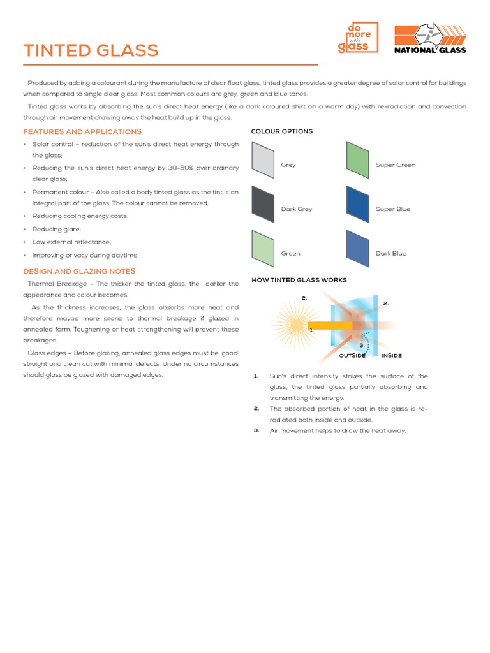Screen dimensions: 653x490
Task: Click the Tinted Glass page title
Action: point(91,51)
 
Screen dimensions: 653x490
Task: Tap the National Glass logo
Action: point(430,40)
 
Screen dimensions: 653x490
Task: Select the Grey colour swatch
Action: point(262,159)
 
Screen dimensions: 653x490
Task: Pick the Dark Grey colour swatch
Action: point(262,203)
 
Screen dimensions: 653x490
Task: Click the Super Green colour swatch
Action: point(357,159)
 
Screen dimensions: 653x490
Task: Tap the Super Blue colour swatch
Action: point(357,203)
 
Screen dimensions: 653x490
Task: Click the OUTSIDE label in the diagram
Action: point(352,356)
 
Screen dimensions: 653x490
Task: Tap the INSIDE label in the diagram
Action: point(391,356)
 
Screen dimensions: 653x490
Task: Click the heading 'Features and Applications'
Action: point(82,131)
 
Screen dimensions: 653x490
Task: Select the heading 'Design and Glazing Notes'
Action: point(79,272)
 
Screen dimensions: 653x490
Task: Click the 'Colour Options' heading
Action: point(281,131)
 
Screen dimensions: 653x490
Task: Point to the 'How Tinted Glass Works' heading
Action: point(299,280)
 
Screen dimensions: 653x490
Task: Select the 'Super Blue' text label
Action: point(393,209)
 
